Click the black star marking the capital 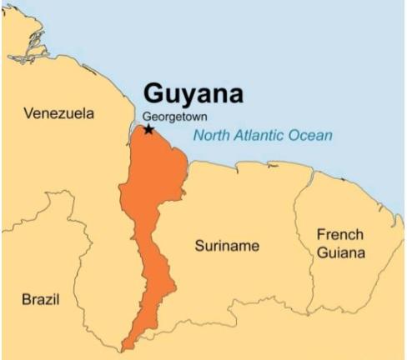pos(148,129)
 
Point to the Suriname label pos(227,247)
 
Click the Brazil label pos(40,297)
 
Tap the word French pos(339,235)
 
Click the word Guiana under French pos(339,252)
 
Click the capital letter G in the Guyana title pos(153,92)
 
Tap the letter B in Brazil pos(25,297)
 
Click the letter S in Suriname pos(199,247)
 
